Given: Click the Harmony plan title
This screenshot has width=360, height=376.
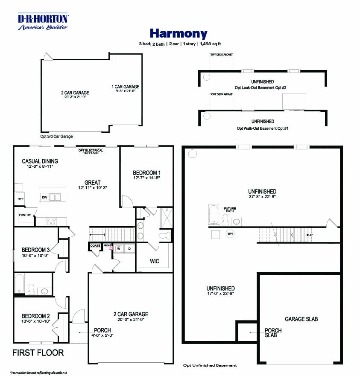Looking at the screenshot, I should [x=179, y=33].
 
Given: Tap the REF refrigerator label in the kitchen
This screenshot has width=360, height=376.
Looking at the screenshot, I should [x=20, y=199].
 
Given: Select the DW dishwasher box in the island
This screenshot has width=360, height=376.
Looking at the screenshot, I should [x=44, y=197].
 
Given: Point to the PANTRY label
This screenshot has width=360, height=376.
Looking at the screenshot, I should [x=24, y=215].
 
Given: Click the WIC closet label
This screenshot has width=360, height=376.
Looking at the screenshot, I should [x=154, y=261].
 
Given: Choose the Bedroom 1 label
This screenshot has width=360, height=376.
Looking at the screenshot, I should [x=146, y=172].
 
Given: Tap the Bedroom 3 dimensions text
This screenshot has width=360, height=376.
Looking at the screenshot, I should [x=36, y=255].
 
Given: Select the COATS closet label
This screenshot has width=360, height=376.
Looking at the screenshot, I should [x=95, y=246].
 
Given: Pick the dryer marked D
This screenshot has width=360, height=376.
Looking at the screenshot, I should [x=129, y=248].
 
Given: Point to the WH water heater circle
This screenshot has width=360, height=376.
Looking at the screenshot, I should [x=230, y=234].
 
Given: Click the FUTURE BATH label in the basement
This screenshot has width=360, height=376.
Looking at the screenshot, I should [x=230, y=210].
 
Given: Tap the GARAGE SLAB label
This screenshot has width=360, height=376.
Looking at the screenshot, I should [x=301, y=319].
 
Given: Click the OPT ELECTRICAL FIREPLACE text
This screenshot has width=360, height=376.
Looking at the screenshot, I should [x=88, y=152].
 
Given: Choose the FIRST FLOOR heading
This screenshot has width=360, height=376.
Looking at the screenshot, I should [x=38, y=353].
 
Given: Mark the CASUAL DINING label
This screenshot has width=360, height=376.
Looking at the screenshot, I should [x=40, y=161].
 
